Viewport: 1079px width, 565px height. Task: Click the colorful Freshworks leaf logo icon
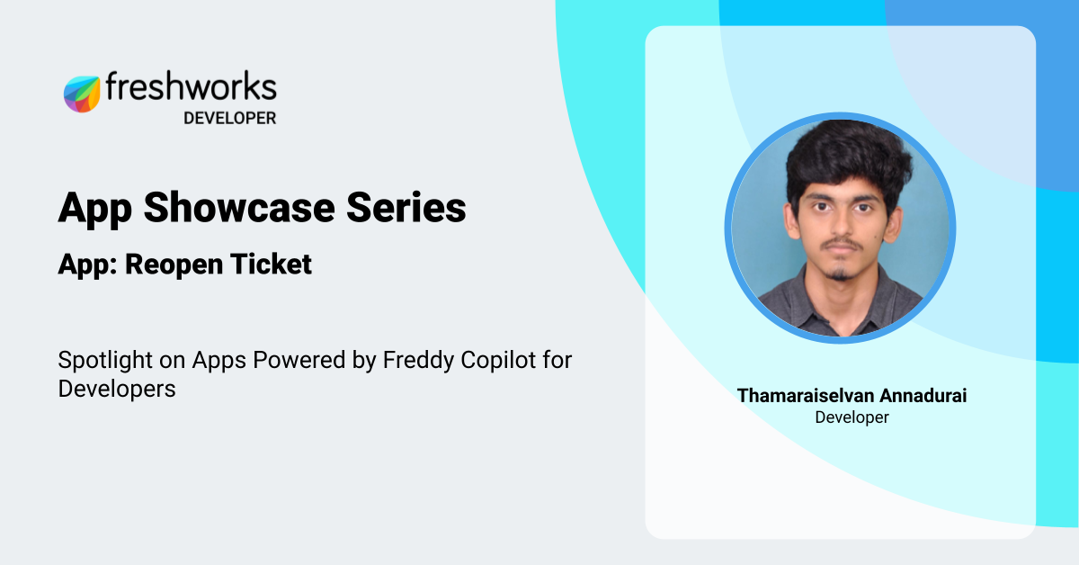tap(82, 94)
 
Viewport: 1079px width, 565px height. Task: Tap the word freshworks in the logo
tap(191, 87)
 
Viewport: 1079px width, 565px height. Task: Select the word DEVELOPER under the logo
tap(229, 118)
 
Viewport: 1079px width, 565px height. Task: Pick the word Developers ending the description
tap(117, 390)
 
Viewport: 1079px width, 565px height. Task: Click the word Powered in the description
tap(302, 361)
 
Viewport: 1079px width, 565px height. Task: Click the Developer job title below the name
tap(852, 417)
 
